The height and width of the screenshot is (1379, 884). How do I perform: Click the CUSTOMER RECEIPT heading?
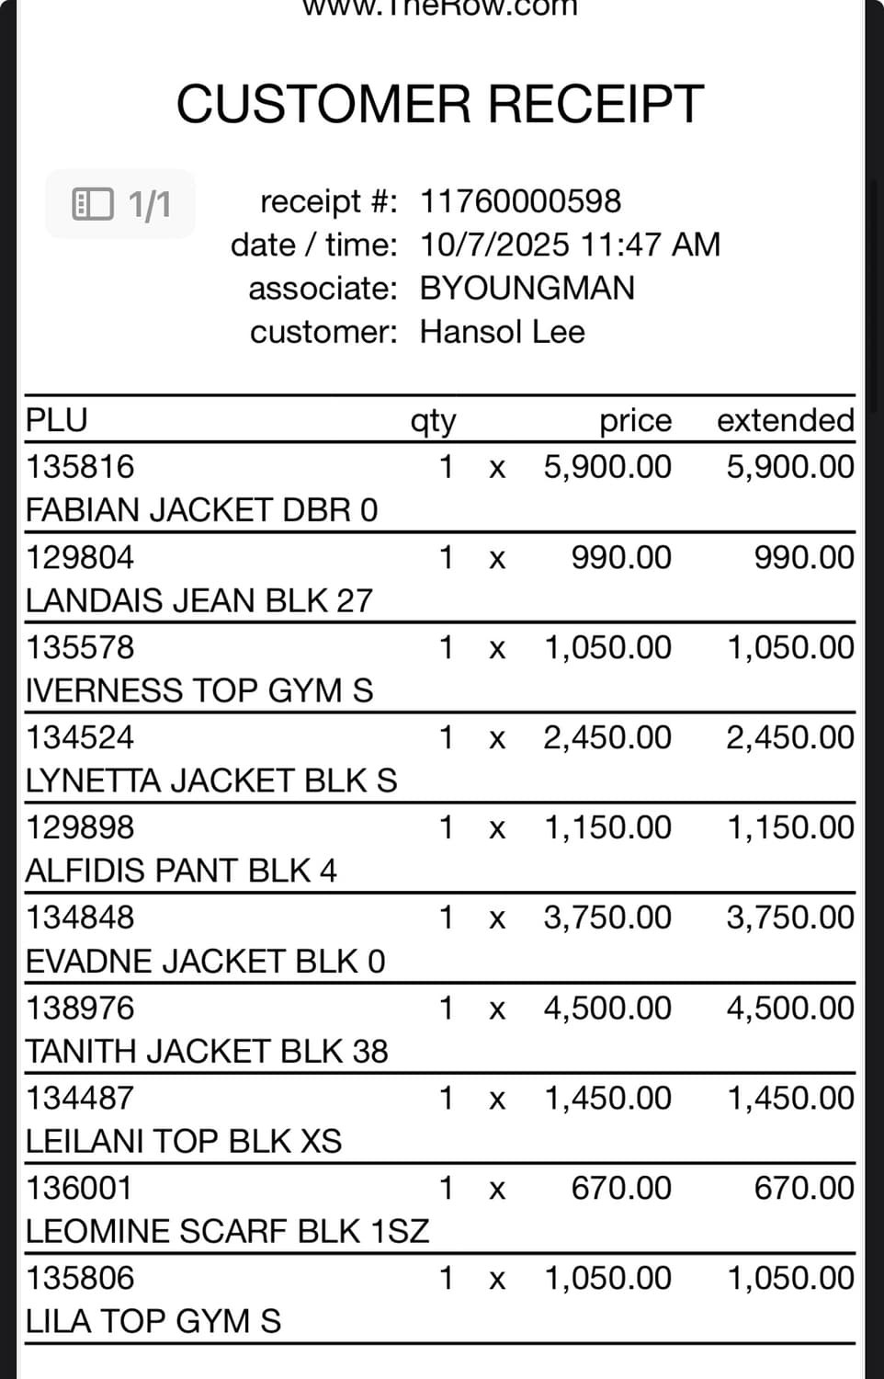pos(440,103)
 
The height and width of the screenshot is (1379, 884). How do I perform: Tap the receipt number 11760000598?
pos(520,201)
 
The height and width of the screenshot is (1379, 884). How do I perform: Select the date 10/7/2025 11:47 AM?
pos(570,245)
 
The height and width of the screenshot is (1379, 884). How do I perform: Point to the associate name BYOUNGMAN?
pos(527,289)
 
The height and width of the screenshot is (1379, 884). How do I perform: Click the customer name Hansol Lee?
pos(502,332)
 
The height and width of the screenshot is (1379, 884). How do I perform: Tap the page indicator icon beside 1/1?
pos(93,203)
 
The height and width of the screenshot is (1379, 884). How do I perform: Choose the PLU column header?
pos(57,420)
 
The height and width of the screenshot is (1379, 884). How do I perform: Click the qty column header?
pos(433,421)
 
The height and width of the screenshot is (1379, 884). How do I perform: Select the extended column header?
pos(785,420)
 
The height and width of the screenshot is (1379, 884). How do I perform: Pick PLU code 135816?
pos(80,467)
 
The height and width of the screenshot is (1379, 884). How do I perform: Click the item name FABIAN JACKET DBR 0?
pos(201,510)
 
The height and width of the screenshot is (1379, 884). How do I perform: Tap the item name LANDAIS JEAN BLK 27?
pos(198,600)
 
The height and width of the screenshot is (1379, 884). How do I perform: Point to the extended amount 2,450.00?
pos(789,737)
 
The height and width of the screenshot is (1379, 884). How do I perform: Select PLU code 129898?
pos(80,827)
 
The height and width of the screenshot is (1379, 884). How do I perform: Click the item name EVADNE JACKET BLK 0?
pos(205,962)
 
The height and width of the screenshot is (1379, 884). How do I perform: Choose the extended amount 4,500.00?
pos(789,1008)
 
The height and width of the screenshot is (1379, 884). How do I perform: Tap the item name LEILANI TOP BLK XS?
pos(183,1142)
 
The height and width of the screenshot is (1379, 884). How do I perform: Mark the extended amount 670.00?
pos(803,1188)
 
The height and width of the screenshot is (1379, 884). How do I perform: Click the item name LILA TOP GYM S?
pos(153,1322)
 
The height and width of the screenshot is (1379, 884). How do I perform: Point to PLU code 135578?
pos(80,647)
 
